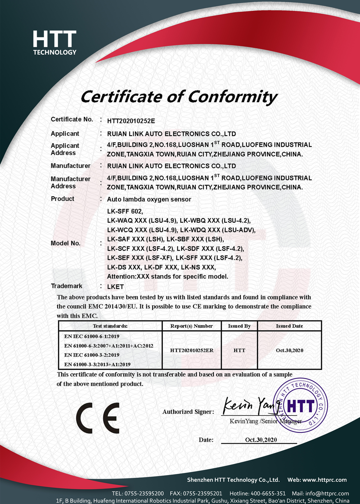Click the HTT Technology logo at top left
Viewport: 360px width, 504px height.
click(x=55, y=43)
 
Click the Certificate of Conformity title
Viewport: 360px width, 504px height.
click(x=179, y=97)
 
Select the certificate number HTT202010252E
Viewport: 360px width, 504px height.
click(x=131, y=121)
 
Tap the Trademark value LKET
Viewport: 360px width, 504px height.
click(x=115, y=287)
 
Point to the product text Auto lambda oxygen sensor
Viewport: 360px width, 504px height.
click(x=149, y=199)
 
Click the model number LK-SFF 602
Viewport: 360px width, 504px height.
click(x=125, y=211)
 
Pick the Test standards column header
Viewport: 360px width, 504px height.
click(x=110, y=326)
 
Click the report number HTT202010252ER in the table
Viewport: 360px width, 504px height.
click(x=192, y=350)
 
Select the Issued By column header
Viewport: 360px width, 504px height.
click(x=239, y=326)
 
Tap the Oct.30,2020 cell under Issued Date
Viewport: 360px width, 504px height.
click(x=289, y=350)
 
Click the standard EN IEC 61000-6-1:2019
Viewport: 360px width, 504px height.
click(x=91, y=336)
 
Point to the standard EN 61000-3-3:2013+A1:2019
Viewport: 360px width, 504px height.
click(x=97, y=364)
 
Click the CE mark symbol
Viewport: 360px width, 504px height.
click(x=98, y=418)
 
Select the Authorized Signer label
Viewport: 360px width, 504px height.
click(x=188, y=412)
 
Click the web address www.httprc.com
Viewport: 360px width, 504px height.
click(x=324, y=480)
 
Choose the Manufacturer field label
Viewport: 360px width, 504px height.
click(x=71, y=166)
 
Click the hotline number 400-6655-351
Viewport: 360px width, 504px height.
click(x=268, y=494)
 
